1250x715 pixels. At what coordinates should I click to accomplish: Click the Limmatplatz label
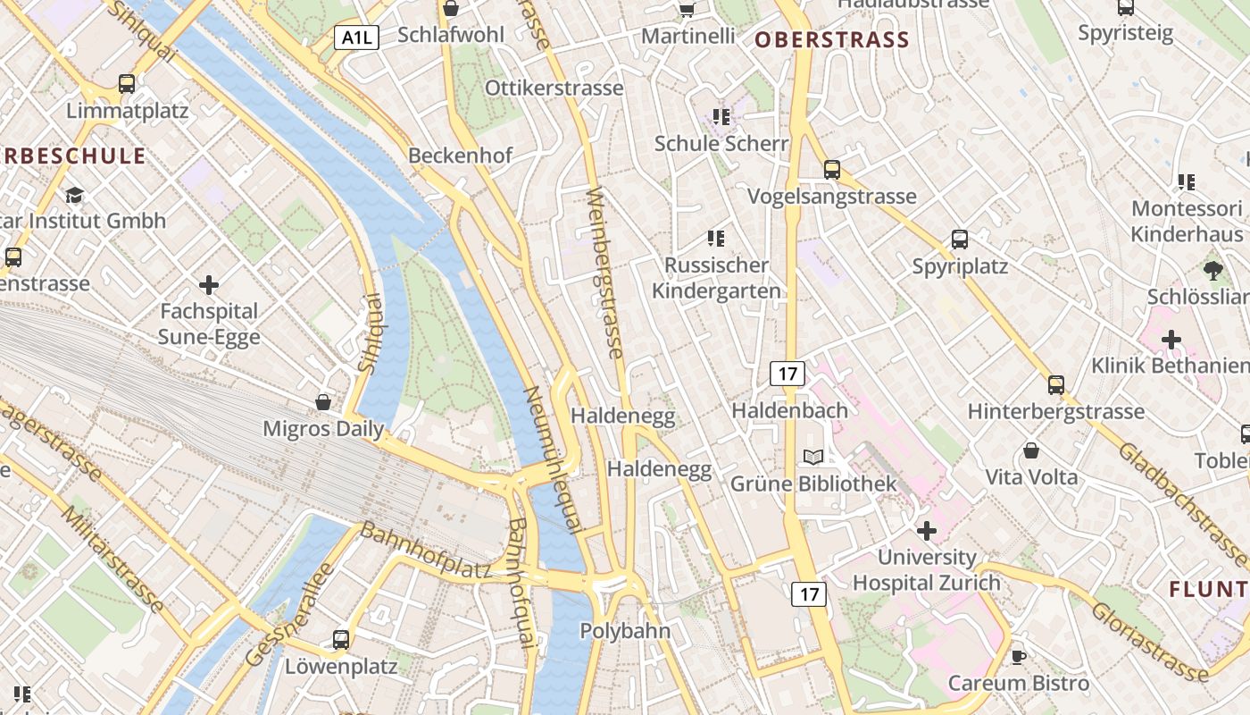[127, 111]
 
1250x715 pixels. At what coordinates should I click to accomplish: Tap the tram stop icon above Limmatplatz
[127, 84]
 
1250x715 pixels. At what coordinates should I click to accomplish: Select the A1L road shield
[357, 38]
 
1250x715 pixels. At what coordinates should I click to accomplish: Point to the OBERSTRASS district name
[831, 39]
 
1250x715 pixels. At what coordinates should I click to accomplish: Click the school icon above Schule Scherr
[721, 117]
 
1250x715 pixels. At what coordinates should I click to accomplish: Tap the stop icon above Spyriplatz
[960, 240]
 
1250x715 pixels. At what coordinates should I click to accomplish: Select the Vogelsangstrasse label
[831, 196]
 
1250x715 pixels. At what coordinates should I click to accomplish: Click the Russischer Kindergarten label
[716, 278]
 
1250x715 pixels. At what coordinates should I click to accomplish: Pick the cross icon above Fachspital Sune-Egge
[209, 285]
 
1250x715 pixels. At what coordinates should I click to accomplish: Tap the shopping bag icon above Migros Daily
[323, 402]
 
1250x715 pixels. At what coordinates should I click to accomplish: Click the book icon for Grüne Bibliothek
[813, 458]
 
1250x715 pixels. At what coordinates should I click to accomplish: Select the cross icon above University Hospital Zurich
[927, 531]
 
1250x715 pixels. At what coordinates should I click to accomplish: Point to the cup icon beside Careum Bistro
[1019, 658]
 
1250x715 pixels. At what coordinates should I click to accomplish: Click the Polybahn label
[625, 630]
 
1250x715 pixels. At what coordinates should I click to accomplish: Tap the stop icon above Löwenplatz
[341, 640]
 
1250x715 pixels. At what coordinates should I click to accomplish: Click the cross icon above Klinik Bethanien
[1171, 340]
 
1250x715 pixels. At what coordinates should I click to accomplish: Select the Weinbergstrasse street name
[604, 273]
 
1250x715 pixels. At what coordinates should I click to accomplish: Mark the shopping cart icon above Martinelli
[687, 9]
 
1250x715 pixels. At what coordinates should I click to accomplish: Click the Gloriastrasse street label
[1150, 641]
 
